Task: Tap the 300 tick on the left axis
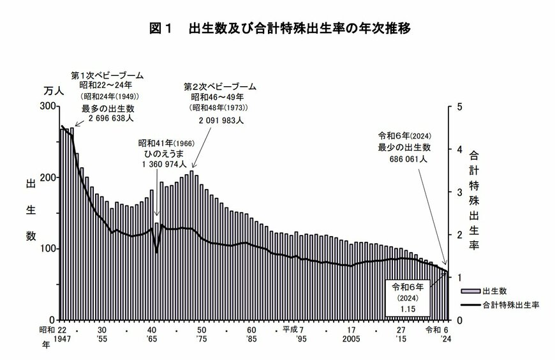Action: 47,106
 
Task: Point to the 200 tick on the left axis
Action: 47,177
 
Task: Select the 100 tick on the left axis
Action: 47,248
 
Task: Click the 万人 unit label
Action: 53,91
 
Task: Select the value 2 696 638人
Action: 107,119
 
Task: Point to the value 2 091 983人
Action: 220,119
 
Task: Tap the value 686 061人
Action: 404,159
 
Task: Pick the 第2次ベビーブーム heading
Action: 219,86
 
